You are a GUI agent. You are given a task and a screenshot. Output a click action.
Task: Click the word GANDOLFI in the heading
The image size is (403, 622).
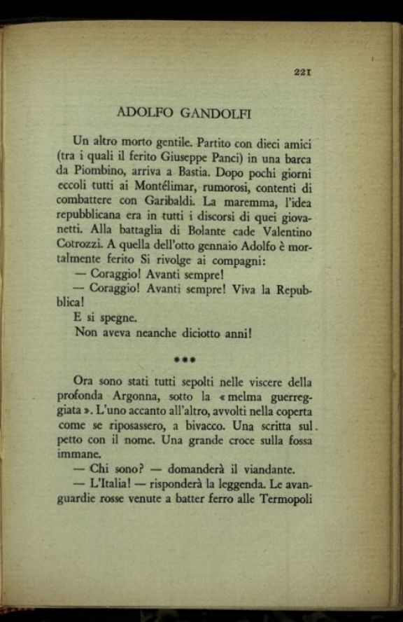click(x=216, y=111)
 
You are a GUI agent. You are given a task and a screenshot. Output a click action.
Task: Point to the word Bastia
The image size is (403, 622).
click(x=206, y=172)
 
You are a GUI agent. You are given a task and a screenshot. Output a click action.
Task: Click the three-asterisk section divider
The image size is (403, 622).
click(x=185, y=360)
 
